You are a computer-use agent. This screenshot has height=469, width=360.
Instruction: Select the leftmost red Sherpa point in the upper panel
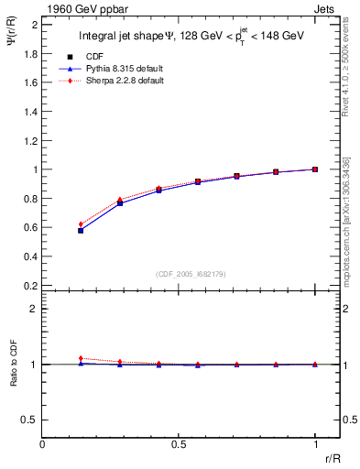pos(81,224)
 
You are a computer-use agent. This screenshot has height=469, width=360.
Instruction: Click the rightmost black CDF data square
pos(315,169)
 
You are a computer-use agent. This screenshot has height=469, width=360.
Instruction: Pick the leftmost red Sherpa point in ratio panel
pos(81,358)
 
